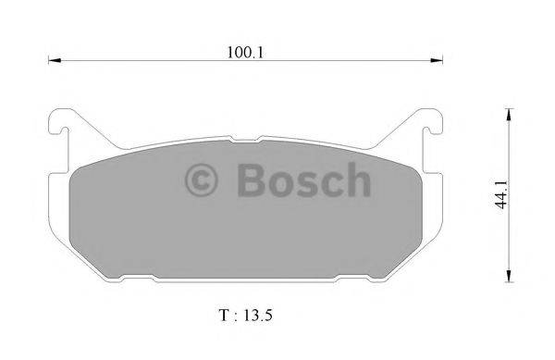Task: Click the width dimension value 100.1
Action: [x=244, y=53]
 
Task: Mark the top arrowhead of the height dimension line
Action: [x=509, y=114]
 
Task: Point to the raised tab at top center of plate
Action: [x=244, y=140]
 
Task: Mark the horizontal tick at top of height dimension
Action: [x=508, y=107]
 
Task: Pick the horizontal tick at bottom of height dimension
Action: [x=508, y=284]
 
